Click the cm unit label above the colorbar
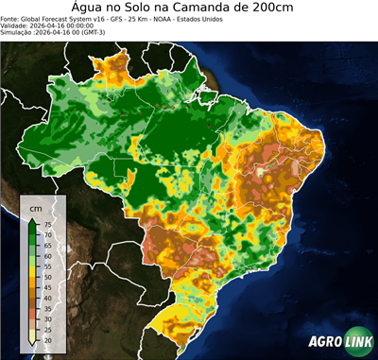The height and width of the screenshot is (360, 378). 36,207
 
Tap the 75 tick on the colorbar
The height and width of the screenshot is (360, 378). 47,224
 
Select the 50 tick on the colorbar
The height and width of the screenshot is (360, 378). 47,276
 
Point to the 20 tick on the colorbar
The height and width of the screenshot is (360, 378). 47,338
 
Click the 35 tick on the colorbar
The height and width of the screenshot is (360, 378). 47,307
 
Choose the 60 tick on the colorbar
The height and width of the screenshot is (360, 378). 47,255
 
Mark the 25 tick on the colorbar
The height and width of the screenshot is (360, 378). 47,328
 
